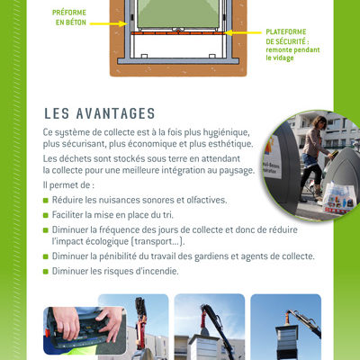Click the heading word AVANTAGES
coord(115,113)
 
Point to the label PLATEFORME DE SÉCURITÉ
coord(286,37)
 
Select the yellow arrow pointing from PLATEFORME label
coord(243,32)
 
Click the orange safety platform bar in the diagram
coord(177,33)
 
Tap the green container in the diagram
coord(178,14)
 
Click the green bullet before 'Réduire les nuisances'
coord(46,200)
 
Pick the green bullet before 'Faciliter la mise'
coord(46,215)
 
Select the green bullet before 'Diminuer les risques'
coord(46,272)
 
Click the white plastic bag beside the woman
coord(340,198)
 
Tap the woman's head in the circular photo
coord(319,122)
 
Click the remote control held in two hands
coord(78,330)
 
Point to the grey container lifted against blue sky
coord(286,343)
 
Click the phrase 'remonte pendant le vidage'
coord(292,54)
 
